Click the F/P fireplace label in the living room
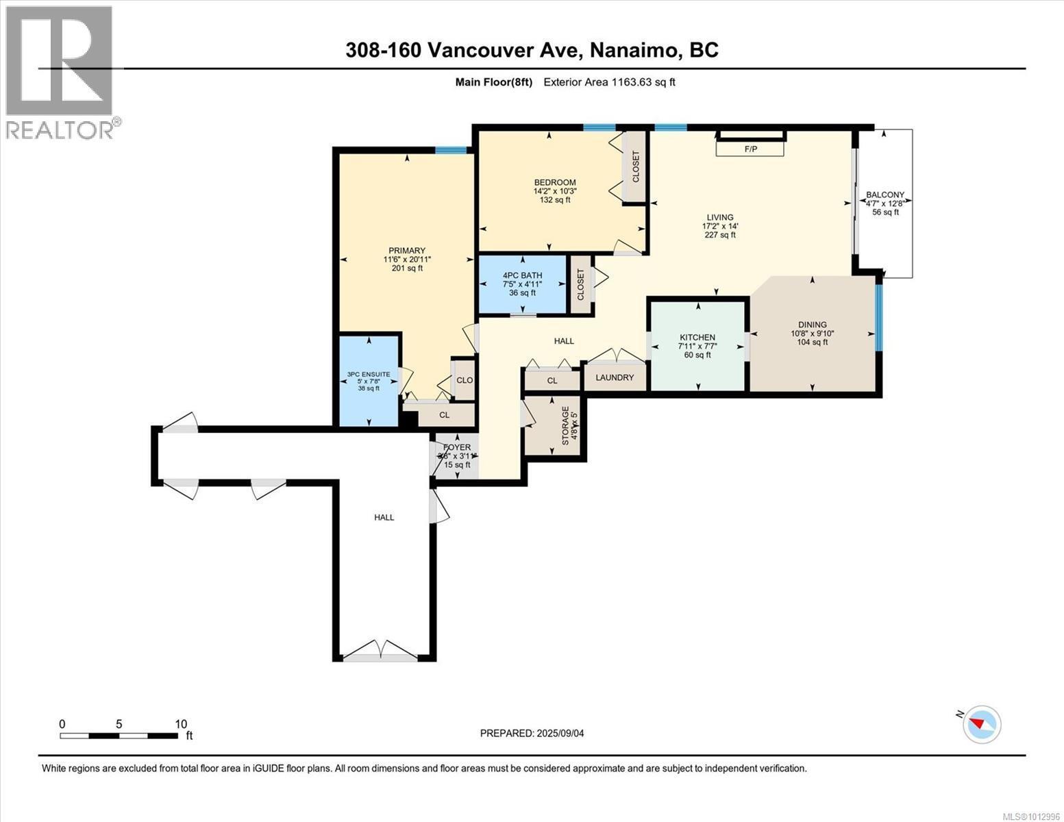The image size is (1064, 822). [x=750, y=149]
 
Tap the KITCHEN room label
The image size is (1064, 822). [x=697, y=337]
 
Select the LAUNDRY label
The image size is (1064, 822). [x=615, y=377]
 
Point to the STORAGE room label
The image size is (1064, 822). [x=565, y=425]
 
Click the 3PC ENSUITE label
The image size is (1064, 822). [x=369, y=374]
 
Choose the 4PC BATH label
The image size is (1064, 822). [x=522, y=275]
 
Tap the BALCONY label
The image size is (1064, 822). [x=884, y=195]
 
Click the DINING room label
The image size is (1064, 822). [x=812, y=325]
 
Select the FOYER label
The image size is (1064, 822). [x=457, y=447]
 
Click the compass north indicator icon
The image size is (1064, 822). [x=981, y=724]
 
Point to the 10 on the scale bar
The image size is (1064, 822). [x=181, y=724]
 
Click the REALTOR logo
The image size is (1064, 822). [x=60, y=72]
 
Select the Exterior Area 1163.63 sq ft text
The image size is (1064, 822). [x=609, y=82]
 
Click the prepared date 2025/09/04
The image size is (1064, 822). [x=560, y=733]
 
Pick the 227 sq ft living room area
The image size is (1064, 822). [x=719, y=235]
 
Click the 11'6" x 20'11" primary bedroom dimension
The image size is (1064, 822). [x=407, y=259]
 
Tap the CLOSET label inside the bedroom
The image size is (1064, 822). [x=635, y=166]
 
